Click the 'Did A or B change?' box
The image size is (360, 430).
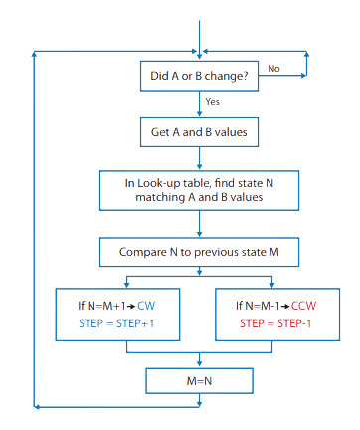click(x=199, y=76)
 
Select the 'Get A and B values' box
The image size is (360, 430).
click(x=199, y=132)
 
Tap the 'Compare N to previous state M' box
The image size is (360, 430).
click(x=199, y=252)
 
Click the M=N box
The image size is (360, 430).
click(x=199, y=381)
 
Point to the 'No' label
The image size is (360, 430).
click(x=273, y=69)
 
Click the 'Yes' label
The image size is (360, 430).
click(x=212, y=101)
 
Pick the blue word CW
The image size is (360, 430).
click(x=146, y=306)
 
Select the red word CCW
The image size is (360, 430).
click(x=303, y=306)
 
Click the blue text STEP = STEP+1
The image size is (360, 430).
click(x=116, y=323)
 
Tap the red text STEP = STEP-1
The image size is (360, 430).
click(x=275, y=323)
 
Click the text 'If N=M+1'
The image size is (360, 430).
click(x=101, y=306)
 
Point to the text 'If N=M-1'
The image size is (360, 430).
click(x=258, y=306)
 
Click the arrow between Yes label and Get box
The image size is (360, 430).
click(x=199, y=105)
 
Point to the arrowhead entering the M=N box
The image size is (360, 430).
click(x=199, y=364)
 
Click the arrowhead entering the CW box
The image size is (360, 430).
click(x=126, y=285)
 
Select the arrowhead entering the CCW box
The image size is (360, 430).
click(x=271, y=285)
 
